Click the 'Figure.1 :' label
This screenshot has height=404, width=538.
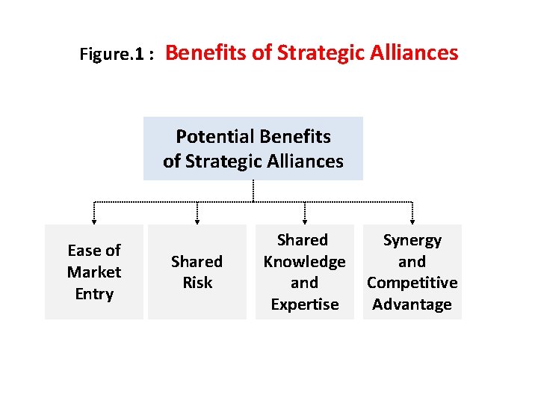[117, 55]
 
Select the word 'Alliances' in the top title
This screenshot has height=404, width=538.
[416, 53]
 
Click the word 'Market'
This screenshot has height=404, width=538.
[94, 272]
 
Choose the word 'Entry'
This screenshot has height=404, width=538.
[94, 294]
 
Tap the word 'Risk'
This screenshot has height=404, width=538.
[197, 283]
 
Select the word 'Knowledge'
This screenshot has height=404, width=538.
[304, 262]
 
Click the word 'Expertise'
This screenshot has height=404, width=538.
[304, 304]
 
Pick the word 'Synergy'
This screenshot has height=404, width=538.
[412, 240]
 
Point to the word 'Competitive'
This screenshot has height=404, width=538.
[412, 283]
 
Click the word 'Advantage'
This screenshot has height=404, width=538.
[412, 304]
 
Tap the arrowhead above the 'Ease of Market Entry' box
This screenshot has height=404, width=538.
[94, 220]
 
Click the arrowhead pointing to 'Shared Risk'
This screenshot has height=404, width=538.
[197, 220]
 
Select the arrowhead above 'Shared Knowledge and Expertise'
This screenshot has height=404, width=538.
[305, 220]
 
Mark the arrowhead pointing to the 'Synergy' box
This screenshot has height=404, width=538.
[412, 220]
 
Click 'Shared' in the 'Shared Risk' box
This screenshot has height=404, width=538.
[197, 262]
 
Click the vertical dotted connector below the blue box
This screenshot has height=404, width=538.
[253, 191]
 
